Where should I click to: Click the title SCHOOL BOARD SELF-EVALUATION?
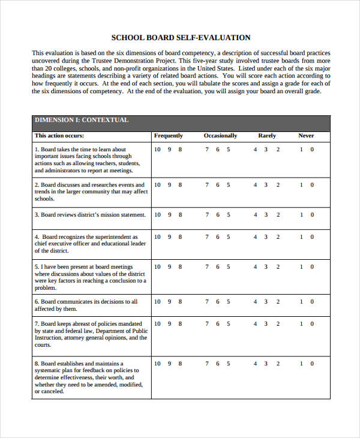pyautogui.click(x=181, y=37)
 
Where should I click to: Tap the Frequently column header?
pyautogui.click(x=169, y=136)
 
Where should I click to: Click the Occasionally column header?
pyautogui.click(x=220, y=136)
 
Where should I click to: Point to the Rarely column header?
pyautogui.click(x=267, y=136)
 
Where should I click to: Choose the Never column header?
pyautogui.click(x=306, y=136)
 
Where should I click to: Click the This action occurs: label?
pyautogui.click(x=57, y=136)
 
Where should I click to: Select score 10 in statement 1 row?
pyautogui.click(x=157, y=149)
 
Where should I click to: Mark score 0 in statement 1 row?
pyautogui.click(x=311, y=149)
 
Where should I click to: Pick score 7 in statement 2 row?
pyautogui.click(x=207, y=185)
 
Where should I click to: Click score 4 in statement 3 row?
pyautogui.click(x=255, y=214)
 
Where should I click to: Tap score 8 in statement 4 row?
pyautogui.click(x=180, y=237)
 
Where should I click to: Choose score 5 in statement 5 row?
pyautogui.click(x=228, y=266)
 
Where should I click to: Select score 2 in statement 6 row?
pyautogui.click(x=277, y=302)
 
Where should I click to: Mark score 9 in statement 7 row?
pyautogui.click(x=169, y=324)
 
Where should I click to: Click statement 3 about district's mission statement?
pyautogui.click(x=90, y=214)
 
